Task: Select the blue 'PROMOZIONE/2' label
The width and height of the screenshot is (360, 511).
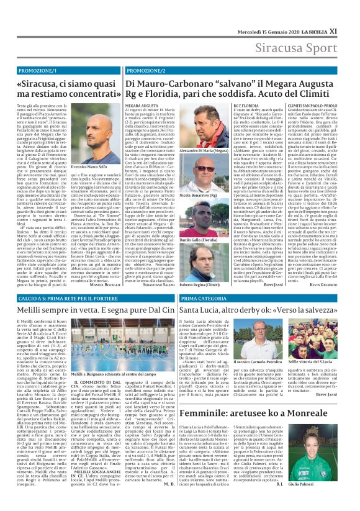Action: point(148,54)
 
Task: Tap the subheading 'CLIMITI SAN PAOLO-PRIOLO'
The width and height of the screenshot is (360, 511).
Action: point(300,106)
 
